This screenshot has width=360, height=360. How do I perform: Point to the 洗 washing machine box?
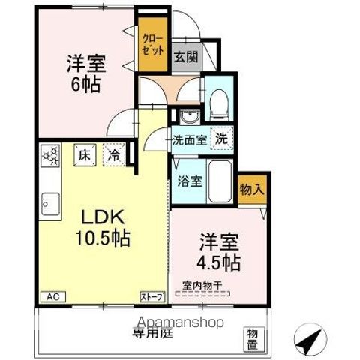click(223, 137)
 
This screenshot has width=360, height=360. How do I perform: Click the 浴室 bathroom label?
click(188, 181)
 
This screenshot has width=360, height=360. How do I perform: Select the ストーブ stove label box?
click(152, 297)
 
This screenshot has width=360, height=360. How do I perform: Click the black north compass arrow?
click(308, 342)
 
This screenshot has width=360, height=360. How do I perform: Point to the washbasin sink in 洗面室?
click(187, 116)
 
